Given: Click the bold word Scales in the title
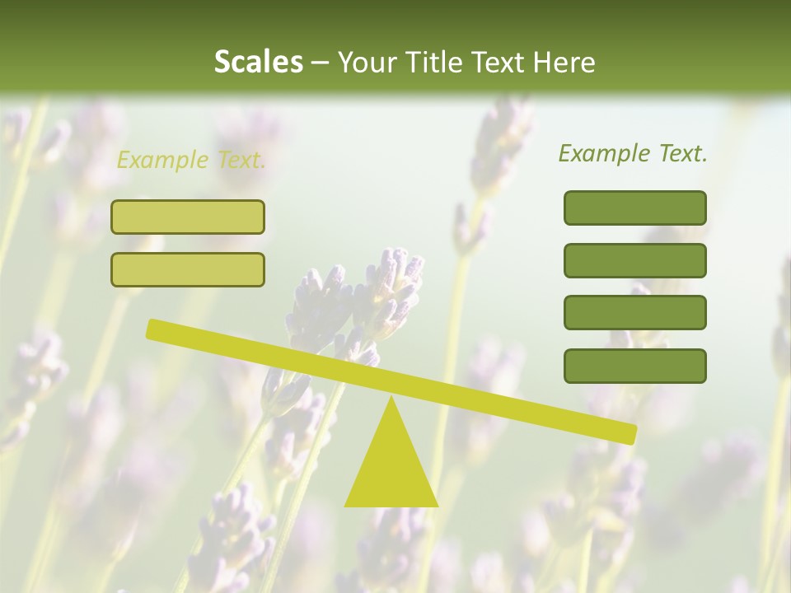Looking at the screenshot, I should point(258,62).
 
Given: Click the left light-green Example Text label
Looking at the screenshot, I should point(191,160).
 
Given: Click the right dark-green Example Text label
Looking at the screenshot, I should point(633,153).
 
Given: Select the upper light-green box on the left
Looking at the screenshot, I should point(188,217).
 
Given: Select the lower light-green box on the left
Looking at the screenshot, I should point(188,269).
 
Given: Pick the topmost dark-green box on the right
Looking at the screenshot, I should point(634,208).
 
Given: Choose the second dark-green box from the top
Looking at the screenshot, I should point(634,260).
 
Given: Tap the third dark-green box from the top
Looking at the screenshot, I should point(634,313).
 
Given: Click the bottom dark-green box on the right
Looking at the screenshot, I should point(634,366).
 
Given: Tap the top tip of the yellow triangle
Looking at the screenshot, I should point(391,399).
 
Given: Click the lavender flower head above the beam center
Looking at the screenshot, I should point(387,288).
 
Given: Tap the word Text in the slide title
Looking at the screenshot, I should point(496,62).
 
